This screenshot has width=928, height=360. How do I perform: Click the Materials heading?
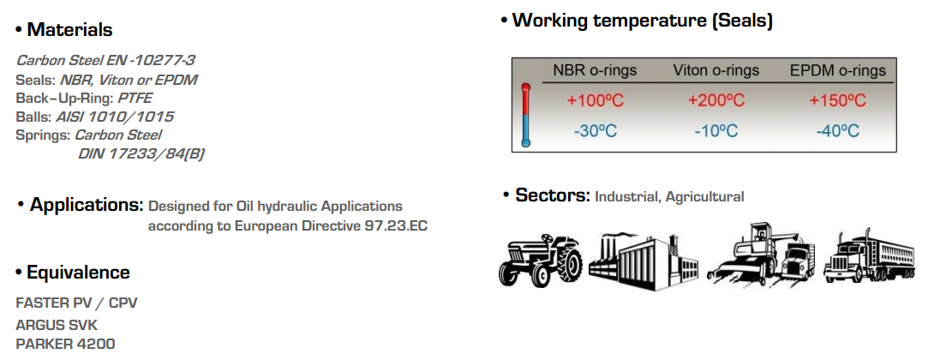69,29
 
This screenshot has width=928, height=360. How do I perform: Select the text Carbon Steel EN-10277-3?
106,60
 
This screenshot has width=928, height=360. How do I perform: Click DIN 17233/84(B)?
141,154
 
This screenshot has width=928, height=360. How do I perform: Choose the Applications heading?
87,206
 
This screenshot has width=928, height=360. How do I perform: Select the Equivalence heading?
78,273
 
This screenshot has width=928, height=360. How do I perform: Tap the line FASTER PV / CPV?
76,303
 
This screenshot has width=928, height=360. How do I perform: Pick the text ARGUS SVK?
57,325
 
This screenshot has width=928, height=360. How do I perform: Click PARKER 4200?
65,344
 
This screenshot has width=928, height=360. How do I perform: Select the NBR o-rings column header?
595,71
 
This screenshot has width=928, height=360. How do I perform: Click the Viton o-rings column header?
716,71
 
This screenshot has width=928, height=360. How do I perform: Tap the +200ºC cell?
716,100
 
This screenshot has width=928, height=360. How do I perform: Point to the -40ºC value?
837,131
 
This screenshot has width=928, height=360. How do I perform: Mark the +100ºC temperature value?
595,100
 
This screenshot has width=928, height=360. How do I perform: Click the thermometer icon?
525,115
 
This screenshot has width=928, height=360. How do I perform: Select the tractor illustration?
540,260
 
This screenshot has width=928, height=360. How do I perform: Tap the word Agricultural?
704,197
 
